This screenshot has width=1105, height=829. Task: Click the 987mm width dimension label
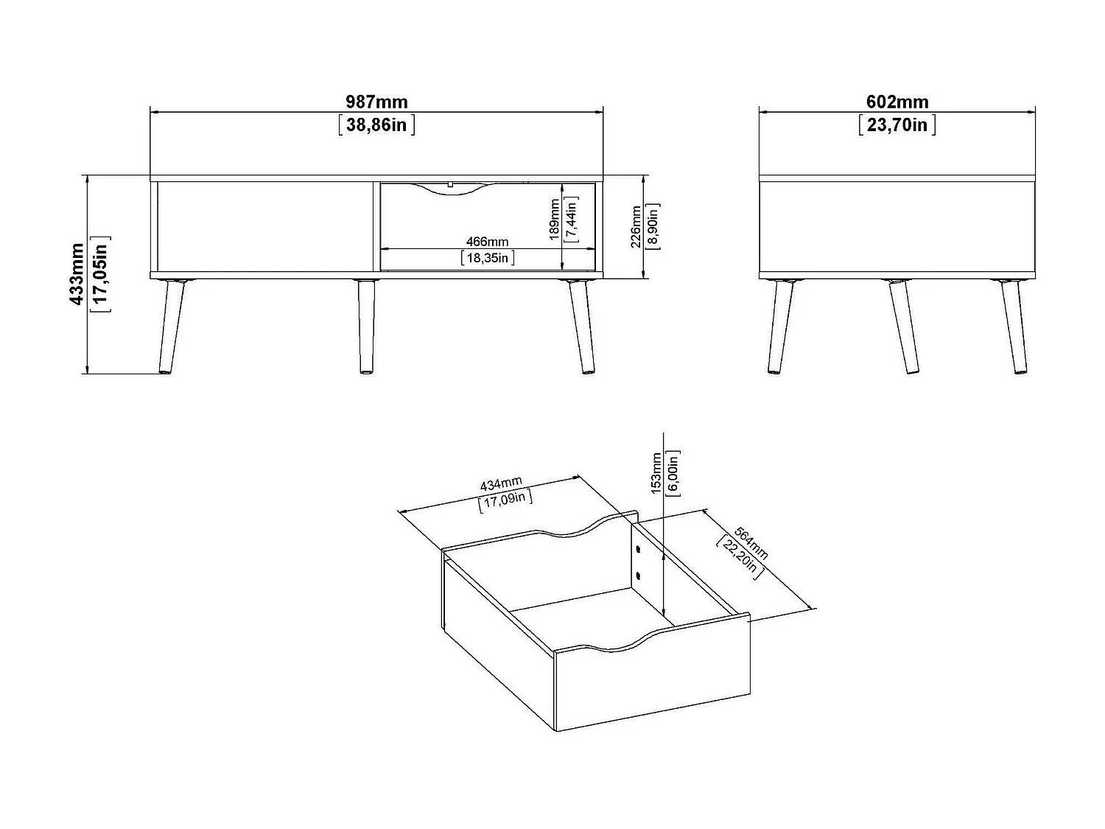pyautogui.click(x=376, y=102)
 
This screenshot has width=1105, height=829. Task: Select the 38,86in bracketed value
pyautogui.click(x=376, y=125)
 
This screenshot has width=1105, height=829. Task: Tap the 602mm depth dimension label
pyautogui.click(x=897, y=102)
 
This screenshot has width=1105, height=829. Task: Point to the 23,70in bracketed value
pyautogui.click(x=897, y=125)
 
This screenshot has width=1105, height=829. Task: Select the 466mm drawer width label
pyautogui.click(x=487, y=242)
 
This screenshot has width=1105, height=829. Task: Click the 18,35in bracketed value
pyautogui.click(x=487, y=257)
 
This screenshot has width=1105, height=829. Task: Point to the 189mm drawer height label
pyautogui.click(x=555, y=219)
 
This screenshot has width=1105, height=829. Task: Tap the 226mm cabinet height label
pyautogui.click(x=636, y=227)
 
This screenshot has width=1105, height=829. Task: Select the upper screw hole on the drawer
pyautogui.click(x=638, y=549)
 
